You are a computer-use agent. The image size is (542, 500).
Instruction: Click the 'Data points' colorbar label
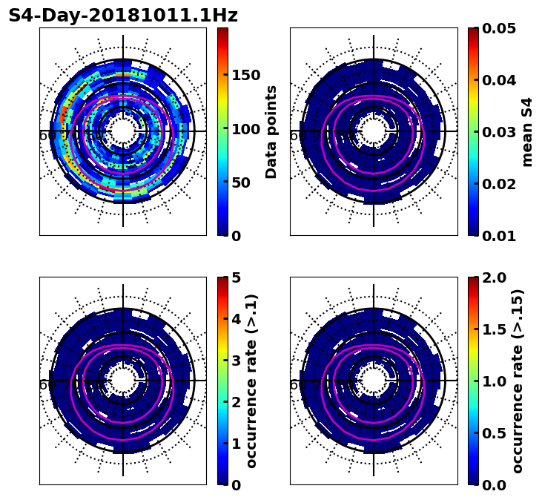pyautogui.click(x=271, y=132)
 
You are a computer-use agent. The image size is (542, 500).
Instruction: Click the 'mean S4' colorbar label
pyautogui.click(x=527, y=132)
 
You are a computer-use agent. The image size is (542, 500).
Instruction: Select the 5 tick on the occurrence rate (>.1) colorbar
pyautogui.click(x=237, y=277)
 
